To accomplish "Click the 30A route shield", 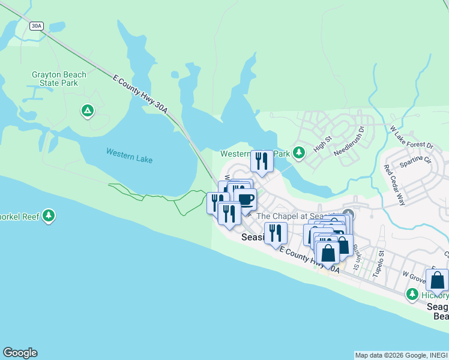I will tap(37, 25).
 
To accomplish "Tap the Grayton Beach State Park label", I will tap(59, 79).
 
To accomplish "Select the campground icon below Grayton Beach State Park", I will tap(88, 111).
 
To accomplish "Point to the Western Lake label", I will tap(129, 156).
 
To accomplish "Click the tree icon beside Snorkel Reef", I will tap(49, 215).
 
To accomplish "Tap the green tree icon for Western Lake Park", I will tap(298, 154).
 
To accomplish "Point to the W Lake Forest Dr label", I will tap(412, 137).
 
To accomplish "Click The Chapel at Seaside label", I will tap(297, 216).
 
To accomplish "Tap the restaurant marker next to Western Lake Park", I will tap(261, 161).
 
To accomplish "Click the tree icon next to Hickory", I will tap(412, 294).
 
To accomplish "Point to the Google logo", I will tap(20, 353).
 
